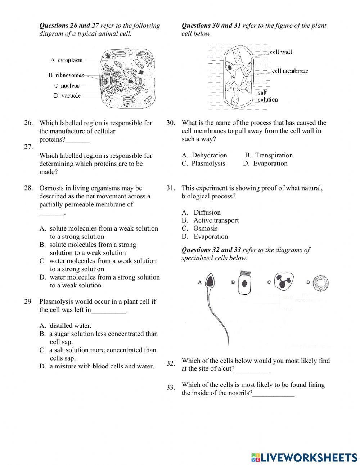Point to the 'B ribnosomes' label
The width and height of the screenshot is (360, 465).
(x=66, y=75)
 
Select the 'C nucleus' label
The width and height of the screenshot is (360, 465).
(x=67, y=86)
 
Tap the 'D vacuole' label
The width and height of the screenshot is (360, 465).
(x=67, y=95)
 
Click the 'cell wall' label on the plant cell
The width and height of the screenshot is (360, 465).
(x=281, y=52)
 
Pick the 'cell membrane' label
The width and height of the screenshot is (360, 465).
(x=290, y=71)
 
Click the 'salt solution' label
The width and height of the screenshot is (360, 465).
(x=267, y=96)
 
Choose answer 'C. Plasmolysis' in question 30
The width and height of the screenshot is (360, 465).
(x=203, y=164)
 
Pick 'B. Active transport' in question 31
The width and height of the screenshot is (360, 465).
(x=210, y=220)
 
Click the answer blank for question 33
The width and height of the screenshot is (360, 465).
(x=274, y=394)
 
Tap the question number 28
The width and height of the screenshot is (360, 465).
(x=28, y=188)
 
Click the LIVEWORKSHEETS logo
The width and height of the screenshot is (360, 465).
(x=304, y=457)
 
